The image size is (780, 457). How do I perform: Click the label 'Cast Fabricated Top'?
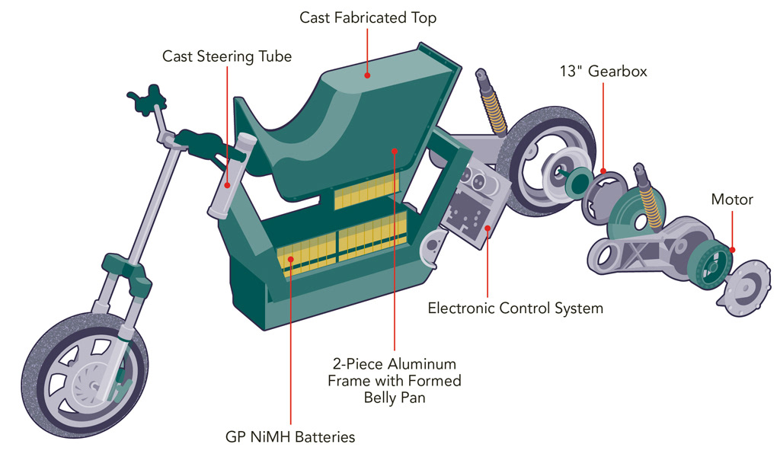(368, 17)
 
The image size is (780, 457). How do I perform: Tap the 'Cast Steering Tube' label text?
(227, 56)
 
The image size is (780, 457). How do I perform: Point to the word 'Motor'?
(732, 200)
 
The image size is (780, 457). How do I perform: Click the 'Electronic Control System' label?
(515, 308)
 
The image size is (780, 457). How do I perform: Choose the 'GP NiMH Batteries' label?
(290, 437)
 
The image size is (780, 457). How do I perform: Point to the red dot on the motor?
(732, 250)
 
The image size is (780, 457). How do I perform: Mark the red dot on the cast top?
(367, 75)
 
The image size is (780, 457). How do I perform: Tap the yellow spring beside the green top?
(497, 114)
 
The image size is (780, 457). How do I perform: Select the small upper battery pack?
(366, 191)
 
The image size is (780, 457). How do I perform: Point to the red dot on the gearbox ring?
(603, 172)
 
